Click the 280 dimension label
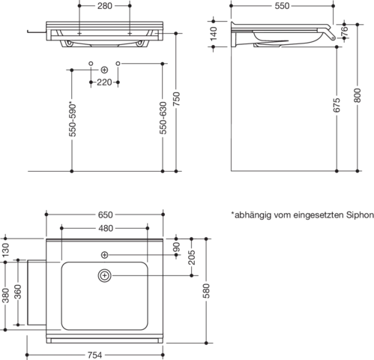click(105, 6)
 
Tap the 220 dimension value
click(104, 82)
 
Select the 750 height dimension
click(176, 98)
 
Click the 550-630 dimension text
click(163, 118)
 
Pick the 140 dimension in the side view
click(214, 34)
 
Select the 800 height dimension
click(358, 95)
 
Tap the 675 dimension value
click(337, 105)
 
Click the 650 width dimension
click(105, 214)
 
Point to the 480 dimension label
click(106, 228)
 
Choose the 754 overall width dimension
click(94, 355)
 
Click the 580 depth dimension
click(206, 291)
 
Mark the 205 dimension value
click(192, 257)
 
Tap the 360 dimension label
click(18, 292)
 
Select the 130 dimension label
click(5, 250)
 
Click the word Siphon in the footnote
click(360, 215)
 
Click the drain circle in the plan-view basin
click(105, 275)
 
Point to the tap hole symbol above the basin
click(104, 255)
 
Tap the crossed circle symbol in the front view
click(104, 70)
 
